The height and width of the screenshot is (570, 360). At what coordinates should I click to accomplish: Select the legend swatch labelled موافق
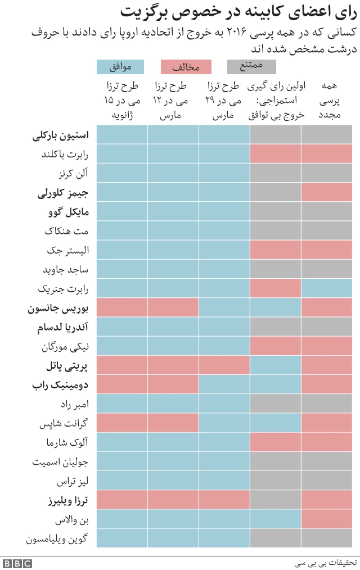(x=120, y=67)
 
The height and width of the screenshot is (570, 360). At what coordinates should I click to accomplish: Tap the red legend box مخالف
(x=186, y=67)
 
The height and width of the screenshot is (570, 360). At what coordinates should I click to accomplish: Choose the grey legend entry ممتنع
(x=251, y=67)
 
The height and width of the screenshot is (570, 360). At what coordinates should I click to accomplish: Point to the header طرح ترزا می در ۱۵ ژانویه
(x=122, y=101)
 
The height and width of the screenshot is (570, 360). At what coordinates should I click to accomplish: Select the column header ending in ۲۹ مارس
(x=224, y=101)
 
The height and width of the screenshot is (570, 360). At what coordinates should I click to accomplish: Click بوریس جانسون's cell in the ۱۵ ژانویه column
(x=122, y=308)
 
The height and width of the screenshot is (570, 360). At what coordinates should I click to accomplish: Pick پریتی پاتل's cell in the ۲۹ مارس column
(x=224, y=366)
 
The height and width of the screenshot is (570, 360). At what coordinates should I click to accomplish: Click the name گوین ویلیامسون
(x=58, y=539)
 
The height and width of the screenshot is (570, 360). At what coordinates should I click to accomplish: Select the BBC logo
(x=17, y=563)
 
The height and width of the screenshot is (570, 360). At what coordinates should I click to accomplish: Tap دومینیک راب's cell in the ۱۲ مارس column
(x=173, y=384)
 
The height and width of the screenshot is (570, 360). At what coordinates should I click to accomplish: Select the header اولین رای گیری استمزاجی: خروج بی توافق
(x=276, y=101)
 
